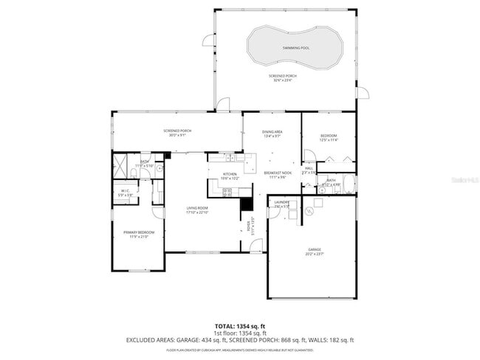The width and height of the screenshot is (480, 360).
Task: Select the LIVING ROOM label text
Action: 198,209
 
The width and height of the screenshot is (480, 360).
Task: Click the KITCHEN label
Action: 230,174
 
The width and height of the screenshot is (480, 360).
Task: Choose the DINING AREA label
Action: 272,132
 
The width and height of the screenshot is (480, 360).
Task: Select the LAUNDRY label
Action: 281,201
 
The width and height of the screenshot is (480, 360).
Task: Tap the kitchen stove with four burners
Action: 227,193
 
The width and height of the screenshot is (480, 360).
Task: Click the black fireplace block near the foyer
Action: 247,204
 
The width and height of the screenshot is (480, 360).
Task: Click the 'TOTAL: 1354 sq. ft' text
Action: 239,325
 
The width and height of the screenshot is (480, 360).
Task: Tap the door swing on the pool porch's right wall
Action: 361,92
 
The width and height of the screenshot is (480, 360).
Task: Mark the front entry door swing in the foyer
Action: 256,247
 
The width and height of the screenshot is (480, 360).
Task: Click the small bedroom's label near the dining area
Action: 329,136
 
